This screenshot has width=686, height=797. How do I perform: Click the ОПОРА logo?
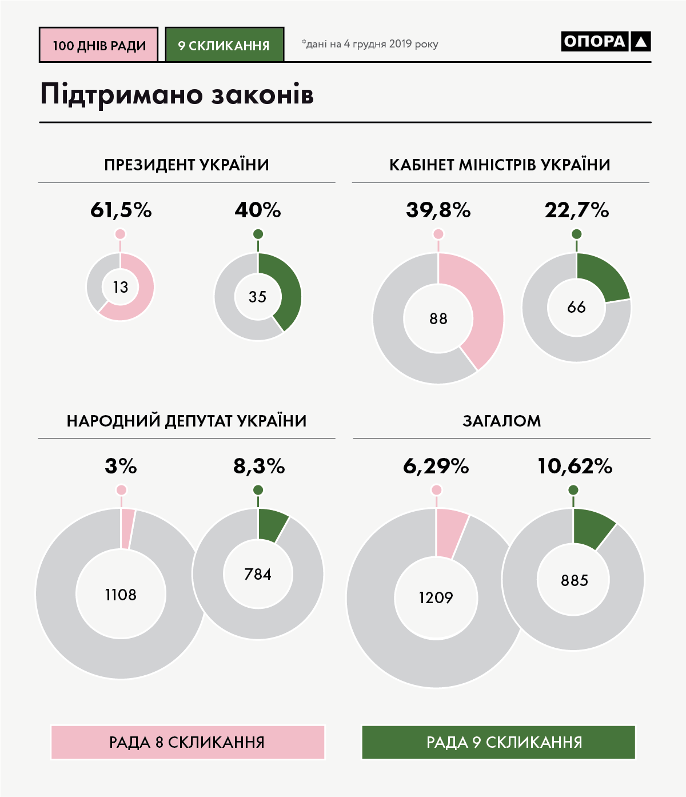tap(605, 41)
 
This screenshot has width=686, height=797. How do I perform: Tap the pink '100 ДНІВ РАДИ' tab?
tap(99, 45)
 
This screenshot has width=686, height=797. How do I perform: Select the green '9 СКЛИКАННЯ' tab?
tap(224, 45)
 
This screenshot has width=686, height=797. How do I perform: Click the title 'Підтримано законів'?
tap(177, 95)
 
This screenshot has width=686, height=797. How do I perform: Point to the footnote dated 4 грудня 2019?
tap(370, 44)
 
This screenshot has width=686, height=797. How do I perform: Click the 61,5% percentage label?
tap(121, 210)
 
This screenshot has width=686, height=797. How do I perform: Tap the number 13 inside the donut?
tap(121, 287)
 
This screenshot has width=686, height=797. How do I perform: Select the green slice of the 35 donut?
tap(285, 289)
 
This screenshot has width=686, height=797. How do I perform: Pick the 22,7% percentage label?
tap(576, 210)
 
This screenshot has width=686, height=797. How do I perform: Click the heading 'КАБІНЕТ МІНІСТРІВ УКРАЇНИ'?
tap(500, 165)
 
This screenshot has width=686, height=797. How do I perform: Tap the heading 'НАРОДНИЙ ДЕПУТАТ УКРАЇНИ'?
tap(186, 421)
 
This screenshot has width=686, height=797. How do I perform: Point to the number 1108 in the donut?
tap(121, 595)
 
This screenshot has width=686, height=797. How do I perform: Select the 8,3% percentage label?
tap(258, 467)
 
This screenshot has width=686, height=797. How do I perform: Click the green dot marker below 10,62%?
tap(573, 490)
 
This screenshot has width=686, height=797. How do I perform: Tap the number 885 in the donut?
tap(574, 581)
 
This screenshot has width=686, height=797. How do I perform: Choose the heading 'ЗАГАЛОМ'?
tap(501, 421)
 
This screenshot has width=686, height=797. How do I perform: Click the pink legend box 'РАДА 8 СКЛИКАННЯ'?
tap(188, 742)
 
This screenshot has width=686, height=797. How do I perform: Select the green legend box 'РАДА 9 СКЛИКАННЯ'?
tap(498, 742)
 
